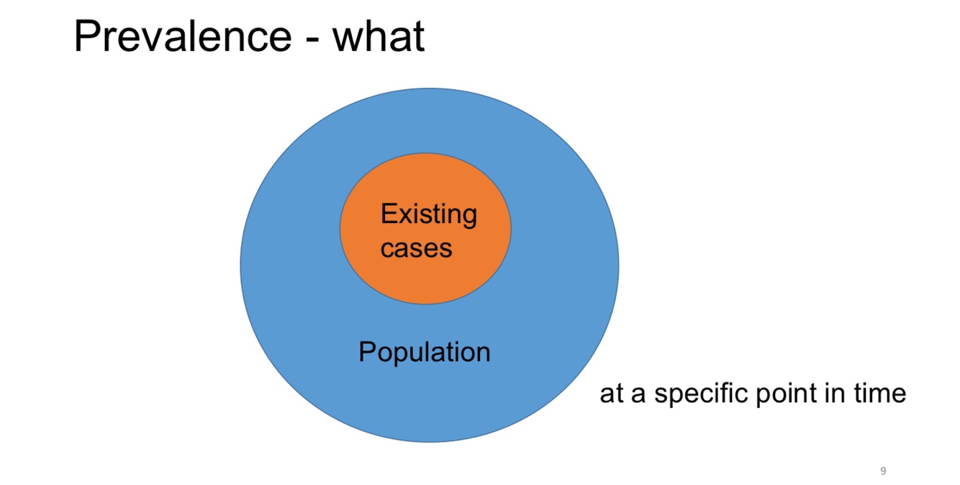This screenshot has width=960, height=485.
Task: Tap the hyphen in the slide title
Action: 311,40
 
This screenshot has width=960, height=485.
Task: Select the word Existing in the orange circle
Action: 428,214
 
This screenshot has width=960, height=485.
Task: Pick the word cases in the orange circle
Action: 416,248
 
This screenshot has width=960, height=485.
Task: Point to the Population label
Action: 424,352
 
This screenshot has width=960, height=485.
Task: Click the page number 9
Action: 883,471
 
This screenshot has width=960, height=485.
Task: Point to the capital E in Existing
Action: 387,214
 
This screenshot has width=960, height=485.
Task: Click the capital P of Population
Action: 367,352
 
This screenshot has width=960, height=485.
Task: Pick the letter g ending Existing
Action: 469,217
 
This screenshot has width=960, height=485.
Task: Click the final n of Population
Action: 484,353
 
